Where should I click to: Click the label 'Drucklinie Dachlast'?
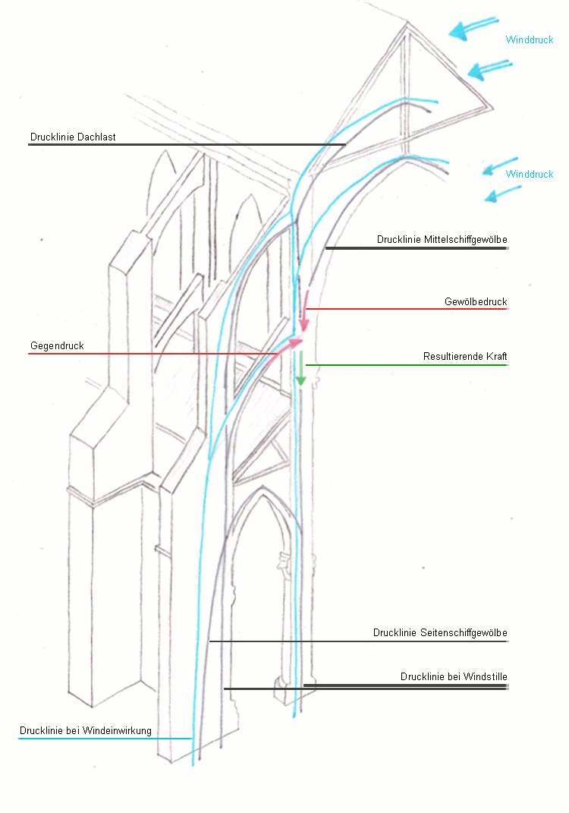click(x=73, y=137)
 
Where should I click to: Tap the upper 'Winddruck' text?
click(x=530, y=39)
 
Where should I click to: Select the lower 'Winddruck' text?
click(x=530, y=174)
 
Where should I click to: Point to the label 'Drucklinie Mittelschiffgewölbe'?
click(x=442, y=239)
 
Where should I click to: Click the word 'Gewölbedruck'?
click(x=476, y=301)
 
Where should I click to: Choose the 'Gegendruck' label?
click(x=57, y=346)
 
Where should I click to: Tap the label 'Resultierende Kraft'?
click(x=464, y=356)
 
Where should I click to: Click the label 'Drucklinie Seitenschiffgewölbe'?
click(x=440, y=632)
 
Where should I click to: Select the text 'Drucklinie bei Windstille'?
click(x=454, y=676)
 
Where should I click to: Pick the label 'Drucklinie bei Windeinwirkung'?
click(x=86, y=731)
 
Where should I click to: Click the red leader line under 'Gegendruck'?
click(x=152, y=354)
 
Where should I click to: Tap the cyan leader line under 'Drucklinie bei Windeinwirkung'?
click(x=106, y=738)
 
